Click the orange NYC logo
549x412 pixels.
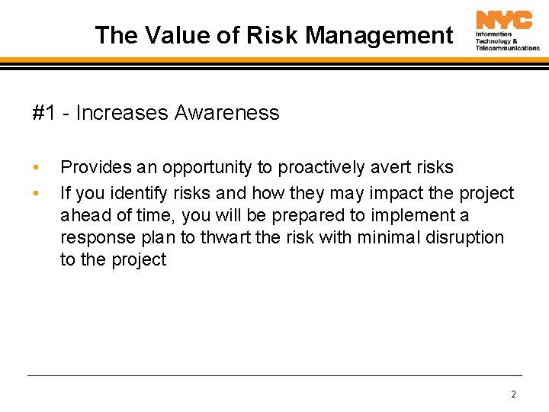tap(504, 20)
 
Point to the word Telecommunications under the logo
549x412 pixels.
tap(507, 47)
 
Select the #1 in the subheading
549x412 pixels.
tap(43, 114)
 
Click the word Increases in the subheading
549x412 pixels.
tap(122, 114)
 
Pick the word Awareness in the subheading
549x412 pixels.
tap(226, 114)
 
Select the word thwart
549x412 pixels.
tap(226, 237)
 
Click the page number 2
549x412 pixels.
tap(513, 394)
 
